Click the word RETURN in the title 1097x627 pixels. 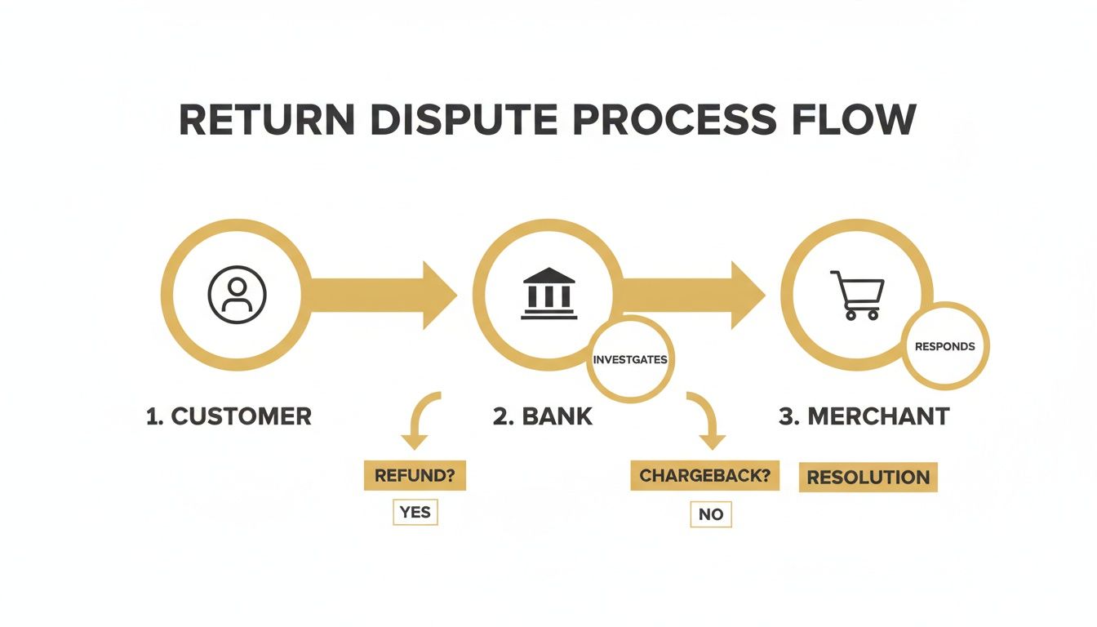(x=266, y=121)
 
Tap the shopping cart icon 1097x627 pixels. (x=857, y=295)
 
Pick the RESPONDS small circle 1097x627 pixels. (x=944, y=346)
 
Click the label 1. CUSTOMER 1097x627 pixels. (x=229, y=416)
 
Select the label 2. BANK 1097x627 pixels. (x=543, y=416)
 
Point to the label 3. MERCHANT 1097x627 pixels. (x=864, y=416)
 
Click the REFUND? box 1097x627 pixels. (x=415, y=476)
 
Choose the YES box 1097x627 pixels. (x=415, y=513)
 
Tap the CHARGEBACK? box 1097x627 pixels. (x=704, y=476)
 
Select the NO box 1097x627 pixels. (x=710, y=514)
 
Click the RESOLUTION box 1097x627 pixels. (x=868, y=478)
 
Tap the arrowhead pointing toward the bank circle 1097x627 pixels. (x=438, y=295)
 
